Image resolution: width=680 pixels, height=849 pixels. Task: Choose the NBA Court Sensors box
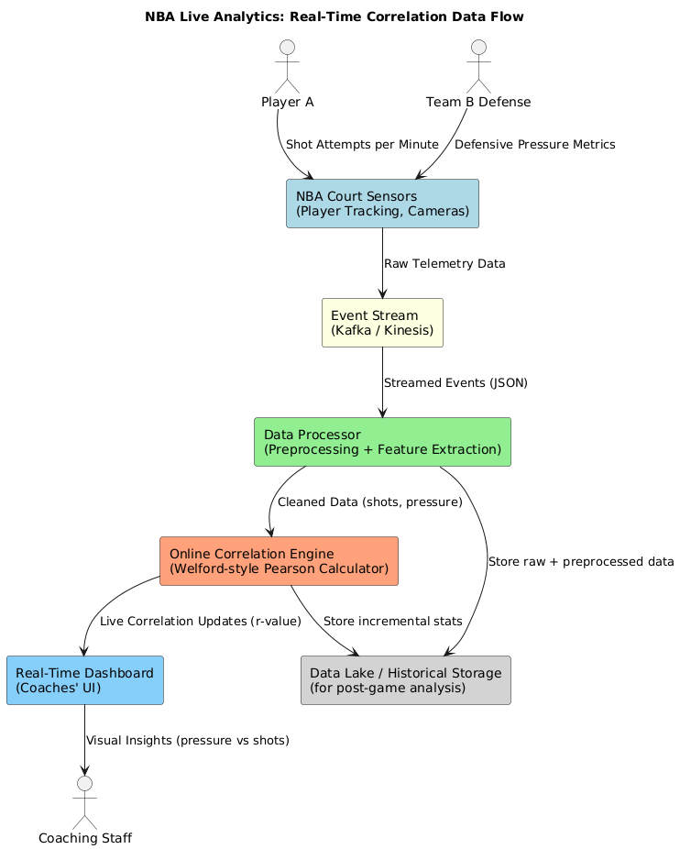click(x=382, y=204)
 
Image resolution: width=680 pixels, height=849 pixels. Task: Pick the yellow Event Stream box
click(x=382, y=323)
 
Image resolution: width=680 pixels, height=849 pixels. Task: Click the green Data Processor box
click(x=382, y=442)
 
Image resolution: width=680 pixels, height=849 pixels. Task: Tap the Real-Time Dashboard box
click(x=84, y=680)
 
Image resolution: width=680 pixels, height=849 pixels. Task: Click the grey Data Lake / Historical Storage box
click(x=405, y=680)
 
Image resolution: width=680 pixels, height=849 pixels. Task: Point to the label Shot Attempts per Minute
click(x=362, y=145)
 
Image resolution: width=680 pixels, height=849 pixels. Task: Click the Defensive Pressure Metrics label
click(x=534, y=145)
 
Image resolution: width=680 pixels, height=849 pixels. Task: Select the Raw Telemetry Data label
click(x=444, y=264)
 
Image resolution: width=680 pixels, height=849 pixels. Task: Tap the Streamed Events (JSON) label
click(x=455, y=383)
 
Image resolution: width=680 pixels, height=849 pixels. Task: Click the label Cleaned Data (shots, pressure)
click(x=369, y=502)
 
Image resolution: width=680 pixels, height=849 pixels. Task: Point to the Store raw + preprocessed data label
click(x=581, y=561)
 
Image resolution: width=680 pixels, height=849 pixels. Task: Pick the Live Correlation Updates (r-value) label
click(x=201, y=622)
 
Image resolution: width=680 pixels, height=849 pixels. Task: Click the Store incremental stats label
click(x=392, y=622)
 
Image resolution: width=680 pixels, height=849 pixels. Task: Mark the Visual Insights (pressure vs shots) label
click(x=187, y=741)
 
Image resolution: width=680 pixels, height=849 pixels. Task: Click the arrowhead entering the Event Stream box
click(x=382, y=293)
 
